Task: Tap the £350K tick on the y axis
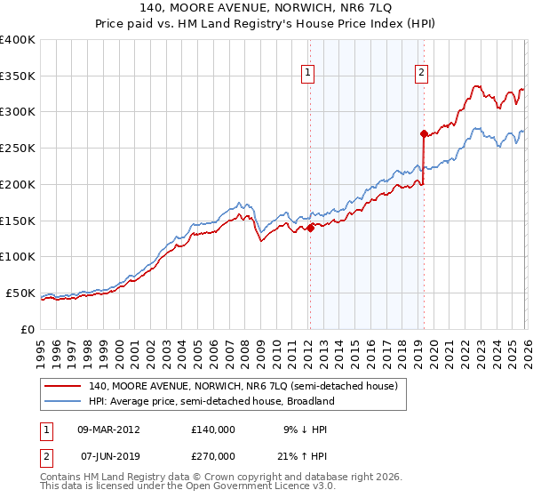pyautogui.click(x=18, y=76)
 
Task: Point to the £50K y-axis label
pyautogui.click(x=20, y=293)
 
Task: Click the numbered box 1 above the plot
pyautogui.click(x=307, y=74)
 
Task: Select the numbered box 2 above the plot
pyautogui.click(x=420, y=74)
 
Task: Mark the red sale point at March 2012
pyautogui.click(x=310, y=228)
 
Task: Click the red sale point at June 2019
pyautogui.click(x=424, y=133)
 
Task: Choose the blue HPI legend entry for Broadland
pyautogui.click(x=211, y=401)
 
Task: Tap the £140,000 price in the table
pyautogui.click(x=212, y=429)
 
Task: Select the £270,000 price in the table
pyautogui.click(x=212, y=455)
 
